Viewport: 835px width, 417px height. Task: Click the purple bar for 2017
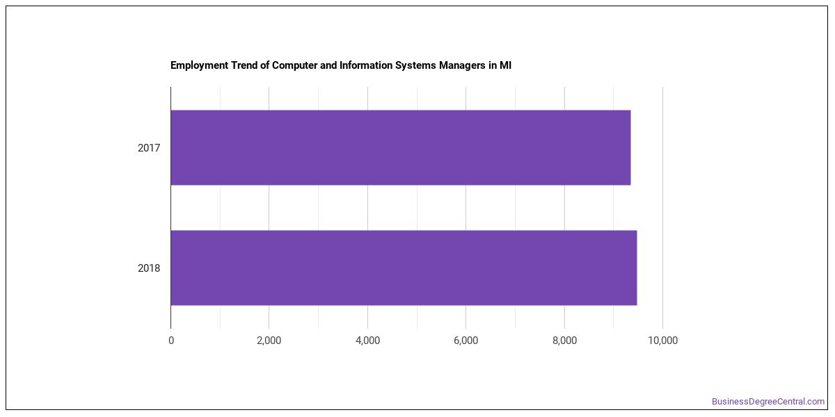[401, 147]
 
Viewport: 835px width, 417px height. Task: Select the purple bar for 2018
[404, 268]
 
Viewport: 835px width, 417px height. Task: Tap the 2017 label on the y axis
[149, 148]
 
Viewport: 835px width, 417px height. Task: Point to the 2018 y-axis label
[149, 268]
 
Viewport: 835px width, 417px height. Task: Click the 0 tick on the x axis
[171, 341]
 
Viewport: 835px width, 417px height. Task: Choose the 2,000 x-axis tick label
[269, 341]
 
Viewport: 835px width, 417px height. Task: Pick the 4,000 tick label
[367, 341]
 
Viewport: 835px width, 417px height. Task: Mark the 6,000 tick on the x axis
[466, 341]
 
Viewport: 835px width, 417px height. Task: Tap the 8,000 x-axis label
[565, 341]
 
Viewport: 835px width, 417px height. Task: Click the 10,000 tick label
[662, 341]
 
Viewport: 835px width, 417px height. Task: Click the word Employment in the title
[200, 65]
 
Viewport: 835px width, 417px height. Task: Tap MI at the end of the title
[505, 65]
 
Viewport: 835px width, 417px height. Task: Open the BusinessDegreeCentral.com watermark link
[768, 402]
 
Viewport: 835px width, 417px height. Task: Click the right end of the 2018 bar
[637, 268]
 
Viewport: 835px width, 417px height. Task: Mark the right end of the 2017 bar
[630, 147]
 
